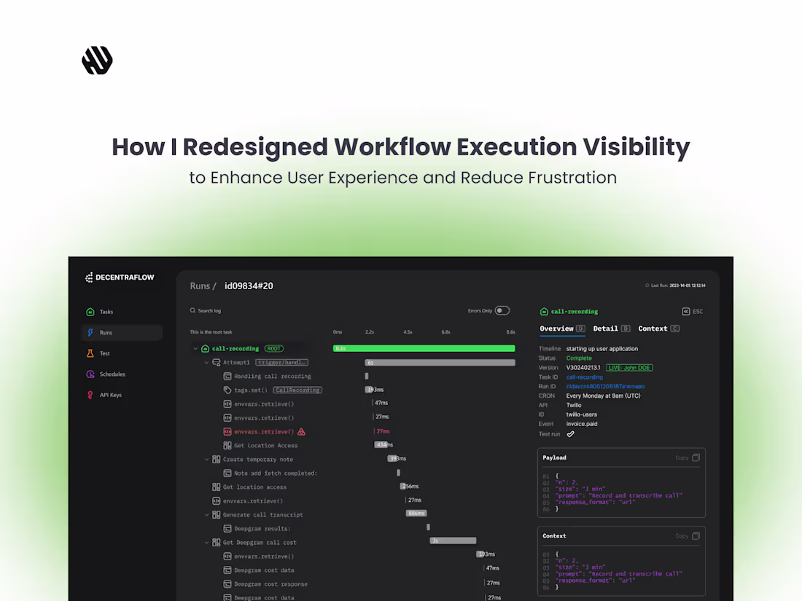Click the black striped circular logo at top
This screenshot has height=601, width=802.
[x=97, y=60]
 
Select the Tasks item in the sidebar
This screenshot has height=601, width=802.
[x=106, y=312]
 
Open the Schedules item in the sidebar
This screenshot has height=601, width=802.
[x=112, y=374]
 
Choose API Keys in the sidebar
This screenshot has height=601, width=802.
[x=111, y=395]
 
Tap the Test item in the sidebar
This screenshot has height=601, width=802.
[x=105, y=353]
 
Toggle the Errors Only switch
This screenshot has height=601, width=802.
[x=502, y=310]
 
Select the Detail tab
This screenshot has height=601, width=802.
[x=606, y=329]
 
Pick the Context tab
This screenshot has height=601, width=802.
[x=653, y=329]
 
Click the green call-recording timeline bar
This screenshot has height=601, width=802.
[x=424, y=348]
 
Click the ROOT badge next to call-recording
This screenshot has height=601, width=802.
[x=273, y=349]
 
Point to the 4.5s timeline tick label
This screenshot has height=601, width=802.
[x=408, y=332]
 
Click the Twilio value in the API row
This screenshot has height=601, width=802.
[x=574, y=405]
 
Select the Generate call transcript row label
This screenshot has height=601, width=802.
[x=262, y=515]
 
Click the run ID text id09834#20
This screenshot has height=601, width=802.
[x=249, y=286]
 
